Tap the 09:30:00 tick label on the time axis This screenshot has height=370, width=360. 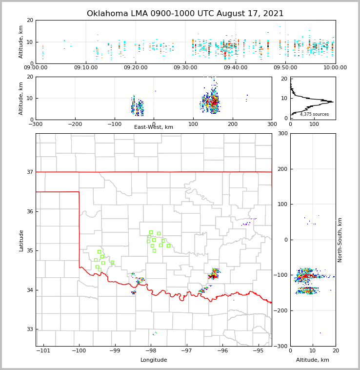pos(186,68)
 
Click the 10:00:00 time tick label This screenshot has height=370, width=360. pos(335,68)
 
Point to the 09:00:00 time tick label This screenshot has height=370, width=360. pos(36,68)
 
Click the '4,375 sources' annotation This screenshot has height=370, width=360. pos(314,114)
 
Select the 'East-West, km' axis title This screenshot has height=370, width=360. pos(154,127)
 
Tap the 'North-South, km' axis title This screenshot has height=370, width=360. pos(340,240)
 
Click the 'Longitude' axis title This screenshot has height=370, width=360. pos(154,360)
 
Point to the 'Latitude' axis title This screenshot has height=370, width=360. pos(21,240)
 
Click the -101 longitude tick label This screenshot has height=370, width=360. pos(43,350)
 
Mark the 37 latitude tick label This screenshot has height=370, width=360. pos(29,172)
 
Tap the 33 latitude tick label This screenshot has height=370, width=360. pos(29,329)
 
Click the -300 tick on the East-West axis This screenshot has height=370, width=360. pos(36,124)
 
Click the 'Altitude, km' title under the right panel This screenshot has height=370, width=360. pos(313,360)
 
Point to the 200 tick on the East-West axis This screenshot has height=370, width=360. pos(233,124)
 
